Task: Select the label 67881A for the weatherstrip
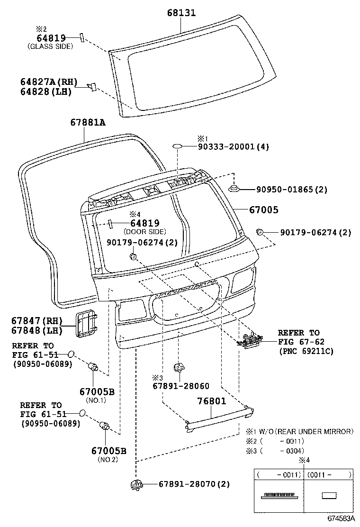pos(88,123)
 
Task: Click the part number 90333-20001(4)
pos(233,147)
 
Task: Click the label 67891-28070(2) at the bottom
pos(194,484)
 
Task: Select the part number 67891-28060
pos(180,386)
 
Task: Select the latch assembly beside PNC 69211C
pos(251,340)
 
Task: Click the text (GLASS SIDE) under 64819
pos(50,46)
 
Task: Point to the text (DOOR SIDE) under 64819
pos(144,232)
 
